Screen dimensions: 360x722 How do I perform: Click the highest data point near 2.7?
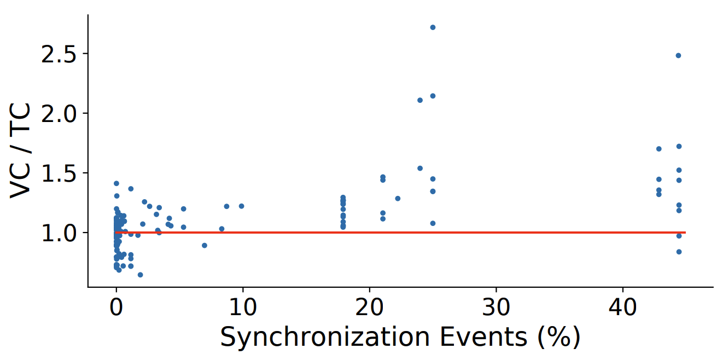pos(433,27)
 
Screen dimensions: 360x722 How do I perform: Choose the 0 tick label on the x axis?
pos(117,307)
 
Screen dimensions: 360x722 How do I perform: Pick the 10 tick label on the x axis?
pos(243,307)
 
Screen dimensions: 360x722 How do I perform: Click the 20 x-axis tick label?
pos(370,307)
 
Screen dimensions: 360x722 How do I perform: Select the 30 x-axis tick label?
pos(496,307)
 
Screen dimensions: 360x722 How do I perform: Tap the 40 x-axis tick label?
pos(623,307)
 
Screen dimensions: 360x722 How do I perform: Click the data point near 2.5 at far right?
pos(678,55)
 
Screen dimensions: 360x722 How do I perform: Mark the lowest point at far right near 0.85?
pos(679,252)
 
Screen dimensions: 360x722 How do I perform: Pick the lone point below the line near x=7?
pos(205,245)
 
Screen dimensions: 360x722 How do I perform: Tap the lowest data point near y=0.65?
pos(140,275)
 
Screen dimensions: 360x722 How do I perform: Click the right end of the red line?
pos(685,233)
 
